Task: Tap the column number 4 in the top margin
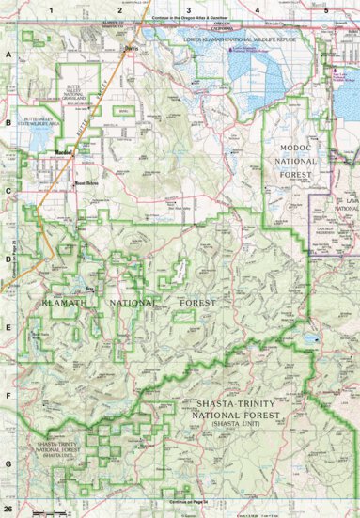[x=258, y=8]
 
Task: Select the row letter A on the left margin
[x=8, y=56]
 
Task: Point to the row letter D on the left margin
[x=8, y=257]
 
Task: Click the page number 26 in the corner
[x=9, y=510]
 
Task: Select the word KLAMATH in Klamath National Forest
[x=62, y=304]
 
